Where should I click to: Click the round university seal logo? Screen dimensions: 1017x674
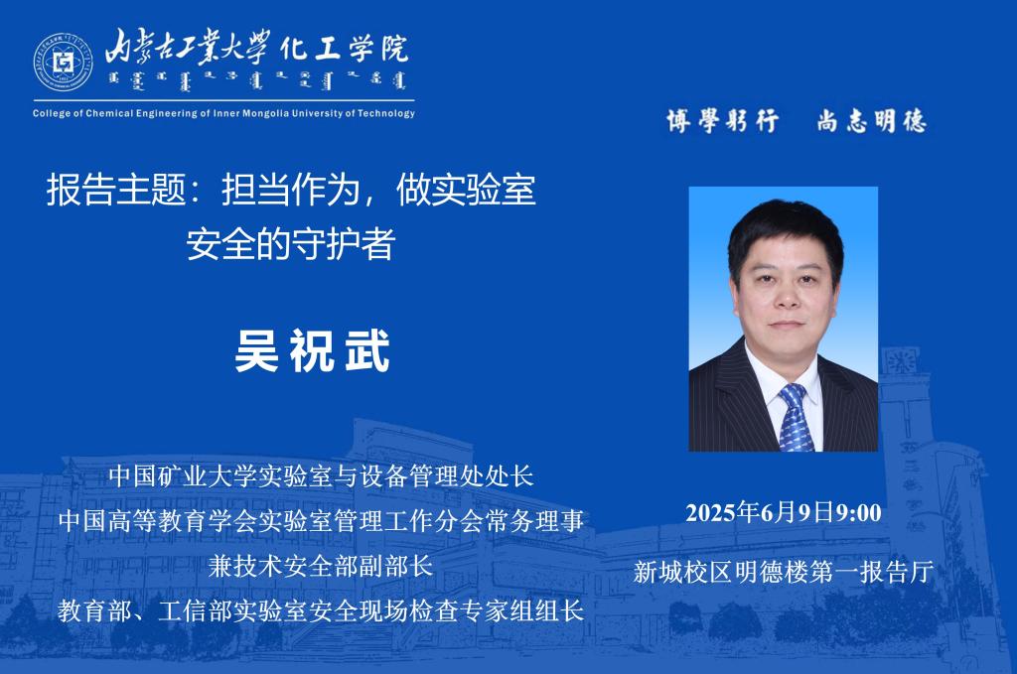tap(63, 63)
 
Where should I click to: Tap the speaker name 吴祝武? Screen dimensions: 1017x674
tap(313, 350)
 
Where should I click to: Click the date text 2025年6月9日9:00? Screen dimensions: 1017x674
tap(784, 512)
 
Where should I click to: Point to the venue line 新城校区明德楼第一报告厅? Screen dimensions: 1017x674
tap(784, 572)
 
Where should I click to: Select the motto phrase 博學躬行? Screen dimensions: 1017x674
tap(723, 120)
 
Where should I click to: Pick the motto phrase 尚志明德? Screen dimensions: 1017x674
tap(871, 120)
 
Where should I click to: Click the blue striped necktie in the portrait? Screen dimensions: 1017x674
tap(796, 417)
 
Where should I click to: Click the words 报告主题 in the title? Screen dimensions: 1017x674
tap(116, 190)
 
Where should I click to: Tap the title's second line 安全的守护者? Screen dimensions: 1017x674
tap(291, 243)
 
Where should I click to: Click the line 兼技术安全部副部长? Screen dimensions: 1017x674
tap(321, 566)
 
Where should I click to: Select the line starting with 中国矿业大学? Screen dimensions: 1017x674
tap(321, 475)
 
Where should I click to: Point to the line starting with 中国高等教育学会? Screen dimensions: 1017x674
tap(321, 520)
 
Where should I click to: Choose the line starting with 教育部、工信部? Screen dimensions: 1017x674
tap(321, 610)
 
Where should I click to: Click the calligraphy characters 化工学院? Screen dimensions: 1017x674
tap(345, 48)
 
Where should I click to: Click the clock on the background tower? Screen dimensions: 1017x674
tap(901, 361)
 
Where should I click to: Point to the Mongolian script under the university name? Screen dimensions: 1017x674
tap(257, 81)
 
